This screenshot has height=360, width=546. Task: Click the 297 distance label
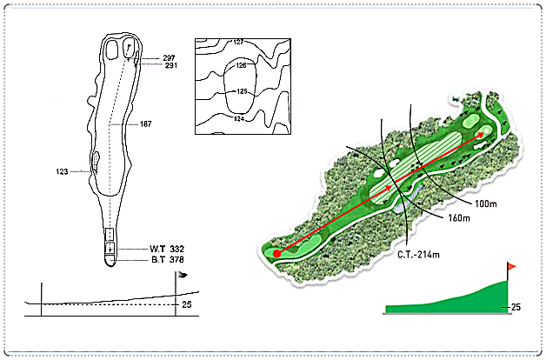click(x=169, y=58)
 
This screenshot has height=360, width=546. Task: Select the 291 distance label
click(x=171, y=65)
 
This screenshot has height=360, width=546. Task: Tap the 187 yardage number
click(x=145, y=124)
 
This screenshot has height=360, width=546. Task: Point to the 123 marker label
click(x=62, y=171)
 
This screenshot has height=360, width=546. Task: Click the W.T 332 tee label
click(x=167, y=249)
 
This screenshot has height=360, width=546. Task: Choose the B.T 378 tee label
click(x=168, y=260)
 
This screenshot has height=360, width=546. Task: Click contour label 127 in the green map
click(x=238, y=42)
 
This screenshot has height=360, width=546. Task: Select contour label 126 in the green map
click(x=242, y=65)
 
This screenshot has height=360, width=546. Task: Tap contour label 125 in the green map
click(x=242, y=91)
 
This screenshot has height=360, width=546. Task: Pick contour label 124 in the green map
click(x=239, y=119)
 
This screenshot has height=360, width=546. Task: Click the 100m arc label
click(x=486, y=203)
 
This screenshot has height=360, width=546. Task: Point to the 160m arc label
click(x=459, y=218)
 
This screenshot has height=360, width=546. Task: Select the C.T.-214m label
click(x=418, y=255)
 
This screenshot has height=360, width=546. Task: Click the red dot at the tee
click(x=276, y=254)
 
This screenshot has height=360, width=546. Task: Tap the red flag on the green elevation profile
click(x=511, y=267)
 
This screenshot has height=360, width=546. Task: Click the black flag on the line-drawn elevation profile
click(x=183, y=275)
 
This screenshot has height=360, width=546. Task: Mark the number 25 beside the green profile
click(x=516, y=307)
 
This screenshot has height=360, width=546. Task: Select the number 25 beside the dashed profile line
click(x=187, y=304)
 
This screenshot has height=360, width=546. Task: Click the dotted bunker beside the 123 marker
click(x=96, y=161)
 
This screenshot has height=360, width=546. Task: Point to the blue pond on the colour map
click(x=407, y=199)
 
